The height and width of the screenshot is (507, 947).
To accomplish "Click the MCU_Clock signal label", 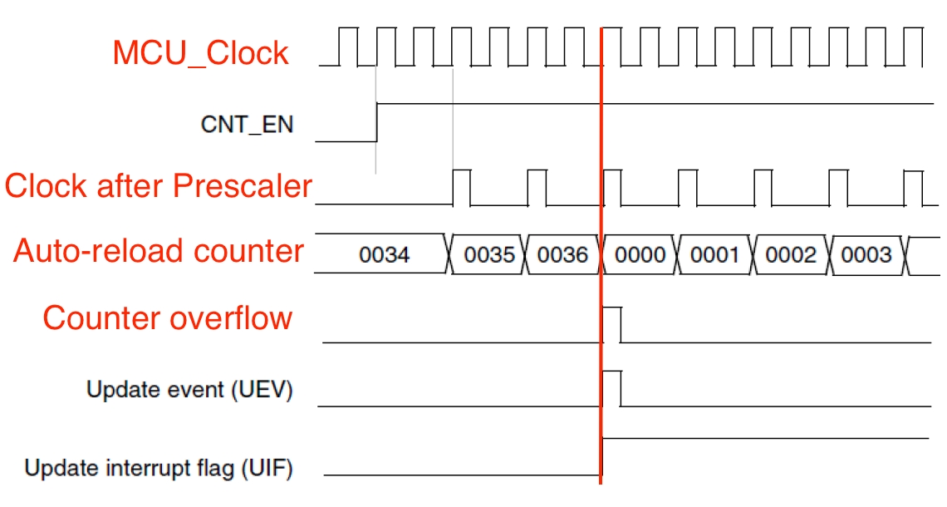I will point(200,53).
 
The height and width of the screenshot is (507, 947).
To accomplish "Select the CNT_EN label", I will point(247,125).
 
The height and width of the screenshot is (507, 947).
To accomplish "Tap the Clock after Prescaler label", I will point(158,186).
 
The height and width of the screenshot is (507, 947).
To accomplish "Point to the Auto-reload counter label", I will point(159,251).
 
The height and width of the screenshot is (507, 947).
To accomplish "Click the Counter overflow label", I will point(167,317).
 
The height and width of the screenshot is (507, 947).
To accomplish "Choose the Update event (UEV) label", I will point(189,389).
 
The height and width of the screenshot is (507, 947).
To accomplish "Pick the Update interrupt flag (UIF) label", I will point(159,469).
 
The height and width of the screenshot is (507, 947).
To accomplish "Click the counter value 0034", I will point(384,255).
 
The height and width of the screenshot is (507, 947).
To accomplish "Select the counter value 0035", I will point(489,255).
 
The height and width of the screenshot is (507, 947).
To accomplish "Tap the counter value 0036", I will point(562,255).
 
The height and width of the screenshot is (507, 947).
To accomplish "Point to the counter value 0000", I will point(640,255).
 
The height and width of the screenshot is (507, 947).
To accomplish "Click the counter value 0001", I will point(714,255).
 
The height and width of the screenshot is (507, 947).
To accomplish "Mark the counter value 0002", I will point(791,255).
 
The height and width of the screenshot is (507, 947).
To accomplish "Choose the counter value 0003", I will point(866,255).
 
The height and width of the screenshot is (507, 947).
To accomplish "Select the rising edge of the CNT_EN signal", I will point(377,123).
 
